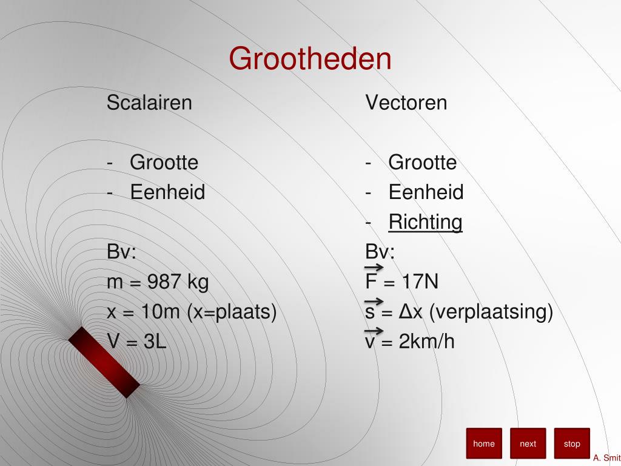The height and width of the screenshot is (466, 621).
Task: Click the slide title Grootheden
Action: tap(310, 59)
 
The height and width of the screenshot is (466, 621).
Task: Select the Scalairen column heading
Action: tap(149, 103)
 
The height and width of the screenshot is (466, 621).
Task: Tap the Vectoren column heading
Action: tap(406, 103)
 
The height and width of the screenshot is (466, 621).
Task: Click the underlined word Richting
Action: tap(425, 222)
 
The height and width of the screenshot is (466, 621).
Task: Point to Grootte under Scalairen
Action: tap(164, 163)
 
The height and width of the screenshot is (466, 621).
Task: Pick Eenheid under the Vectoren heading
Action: tap(426, 192)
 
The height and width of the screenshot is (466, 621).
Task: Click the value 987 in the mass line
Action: tap(164, 282)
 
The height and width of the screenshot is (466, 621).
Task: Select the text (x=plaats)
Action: tap(232, 312)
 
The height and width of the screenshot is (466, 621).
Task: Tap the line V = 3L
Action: tap(136, 342)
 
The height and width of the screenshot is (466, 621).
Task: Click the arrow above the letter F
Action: tap(374, 268)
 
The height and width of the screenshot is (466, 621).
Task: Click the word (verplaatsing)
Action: tap(491, 312)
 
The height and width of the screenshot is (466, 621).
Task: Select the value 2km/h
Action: tap(426, 342)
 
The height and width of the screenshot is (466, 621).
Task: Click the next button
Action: tap(528, 444)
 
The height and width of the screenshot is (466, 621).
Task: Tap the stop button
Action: tap(572, 444)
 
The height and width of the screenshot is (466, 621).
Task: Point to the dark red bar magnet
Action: tap(104, 362)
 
